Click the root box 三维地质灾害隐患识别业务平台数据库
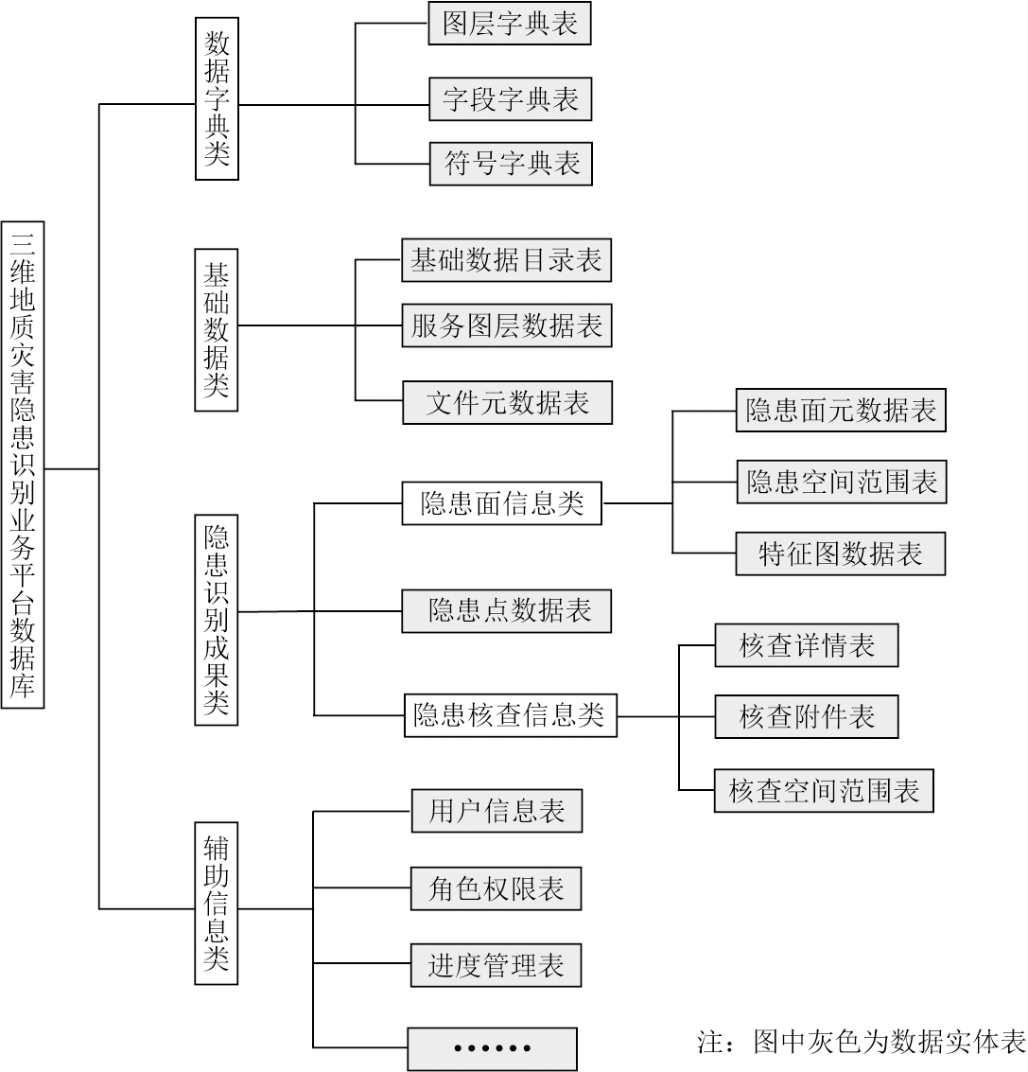[x=23, y=465]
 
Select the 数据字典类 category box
[x=217, y=99]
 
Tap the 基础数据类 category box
[x=216, y=329]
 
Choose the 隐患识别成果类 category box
[x=216, y=620]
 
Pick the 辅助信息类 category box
[x=216, y=903]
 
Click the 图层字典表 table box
[x=510, y=24]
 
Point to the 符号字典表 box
[x=511, y=164]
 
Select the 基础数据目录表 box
[x=507, y=260]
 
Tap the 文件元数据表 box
[x=507, y=403]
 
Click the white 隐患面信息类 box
[x=501, y=503]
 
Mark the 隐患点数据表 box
[x=507, y=610]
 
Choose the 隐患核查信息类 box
[x=511, y=715]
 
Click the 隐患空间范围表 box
[x=842, y=482]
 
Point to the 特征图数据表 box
[x=841, y=554]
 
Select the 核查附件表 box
[x=807, y=716]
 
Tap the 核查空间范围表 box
[x=824, y=791]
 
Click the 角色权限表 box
[x=497, y=888]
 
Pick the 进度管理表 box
[x=497, y=965]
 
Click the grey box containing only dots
[x=492, y=1048]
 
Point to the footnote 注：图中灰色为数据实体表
[x=862, y=1042]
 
